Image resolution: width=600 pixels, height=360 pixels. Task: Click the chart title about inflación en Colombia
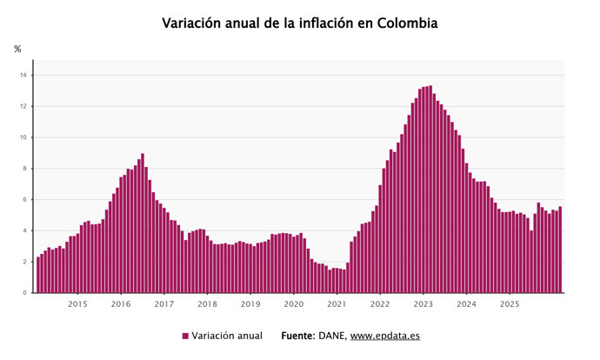click(299, 23)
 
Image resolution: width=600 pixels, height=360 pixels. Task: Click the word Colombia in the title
click(407, 23)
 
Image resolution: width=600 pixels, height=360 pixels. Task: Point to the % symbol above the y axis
click(17, 50)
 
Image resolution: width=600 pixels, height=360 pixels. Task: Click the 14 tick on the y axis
click(25, 76)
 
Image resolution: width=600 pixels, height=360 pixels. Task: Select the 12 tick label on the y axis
click(25, 107)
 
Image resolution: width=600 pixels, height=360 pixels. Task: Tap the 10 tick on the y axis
click(25, 137)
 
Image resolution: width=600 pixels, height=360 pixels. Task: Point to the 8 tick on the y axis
click(26, 169)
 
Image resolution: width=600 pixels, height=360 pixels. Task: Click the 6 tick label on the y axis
click(26, 200)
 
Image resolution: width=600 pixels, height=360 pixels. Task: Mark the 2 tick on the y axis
click(26, 262)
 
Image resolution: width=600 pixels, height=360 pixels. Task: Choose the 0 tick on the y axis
click(26, 293)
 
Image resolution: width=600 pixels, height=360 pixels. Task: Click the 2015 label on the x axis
click(77, 304)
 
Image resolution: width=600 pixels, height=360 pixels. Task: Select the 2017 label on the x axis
click(163, 304)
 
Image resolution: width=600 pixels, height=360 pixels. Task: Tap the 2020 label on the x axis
click(293, 304)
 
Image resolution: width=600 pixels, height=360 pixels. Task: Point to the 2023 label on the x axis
click(423, 304)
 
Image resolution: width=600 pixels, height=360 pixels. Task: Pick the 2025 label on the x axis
click(509, 304)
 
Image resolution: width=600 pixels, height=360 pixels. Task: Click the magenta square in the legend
click(185, 336)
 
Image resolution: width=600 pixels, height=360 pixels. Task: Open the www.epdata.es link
click(385, 336)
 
